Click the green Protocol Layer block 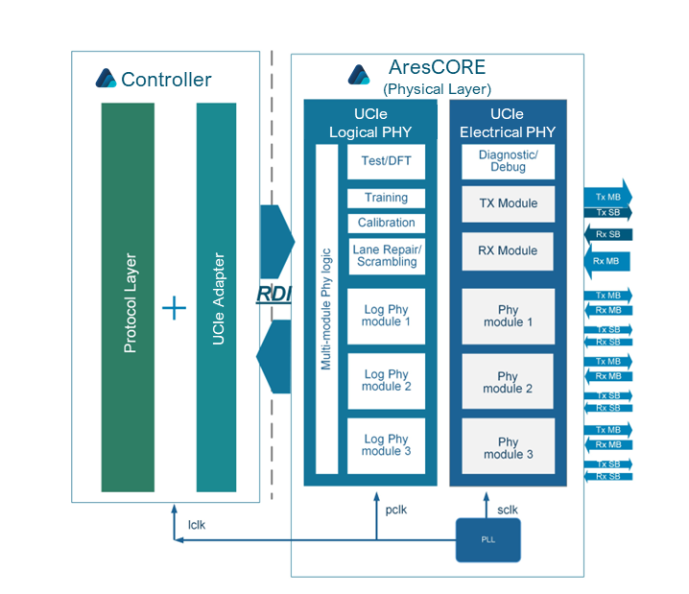point(128,297)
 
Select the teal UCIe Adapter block point(216,297)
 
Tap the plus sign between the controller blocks point(174,308)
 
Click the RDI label point(273,294)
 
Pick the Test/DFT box point(386,161)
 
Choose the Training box point(386,198)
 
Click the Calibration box point(386,223)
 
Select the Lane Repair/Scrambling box point(386,255)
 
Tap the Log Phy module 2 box point(386,381)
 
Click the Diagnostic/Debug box point(508,161)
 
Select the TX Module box point(508,203)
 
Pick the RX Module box point(508,250)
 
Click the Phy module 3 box point(508,448)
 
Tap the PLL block point(488,540)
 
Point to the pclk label point(395,510)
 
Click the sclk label point(508,510)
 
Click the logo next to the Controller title point(106,79)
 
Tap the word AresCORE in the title point(437,68)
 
